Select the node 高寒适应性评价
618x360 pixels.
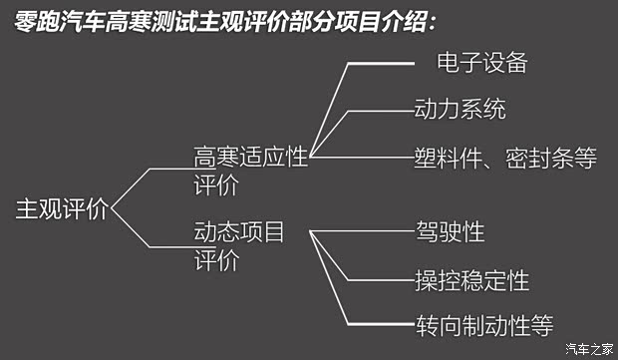[x=250, y=172]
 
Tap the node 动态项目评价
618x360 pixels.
[x=239, y=247]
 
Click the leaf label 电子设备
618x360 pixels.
[x=481, y=64]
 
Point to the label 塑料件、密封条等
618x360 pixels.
[x=505, y=159]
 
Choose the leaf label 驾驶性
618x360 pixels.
[x=450, y=232]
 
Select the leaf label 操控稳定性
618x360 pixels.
[x=471, y=278]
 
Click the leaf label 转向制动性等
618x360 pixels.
[x=483, y=324]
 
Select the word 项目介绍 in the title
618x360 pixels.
[x=395, y=20]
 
